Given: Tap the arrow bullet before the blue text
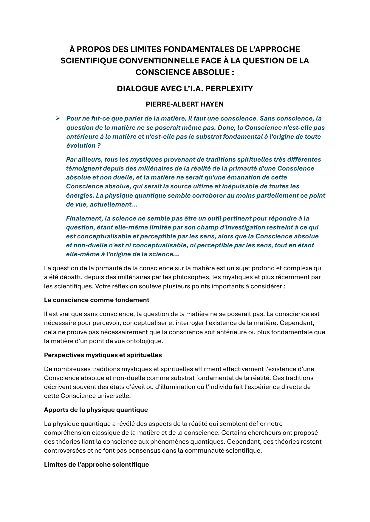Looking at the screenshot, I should click(x=58, y=118).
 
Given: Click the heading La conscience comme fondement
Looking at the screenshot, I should click(x=97, y=300).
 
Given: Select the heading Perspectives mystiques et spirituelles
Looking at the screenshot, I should click(x=103, y=355).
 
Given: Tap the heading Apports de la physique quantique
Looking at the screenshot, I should click(x=96, y=410).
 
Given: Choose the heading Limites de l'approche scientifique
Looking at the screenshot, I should click(x=96, y=465).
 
